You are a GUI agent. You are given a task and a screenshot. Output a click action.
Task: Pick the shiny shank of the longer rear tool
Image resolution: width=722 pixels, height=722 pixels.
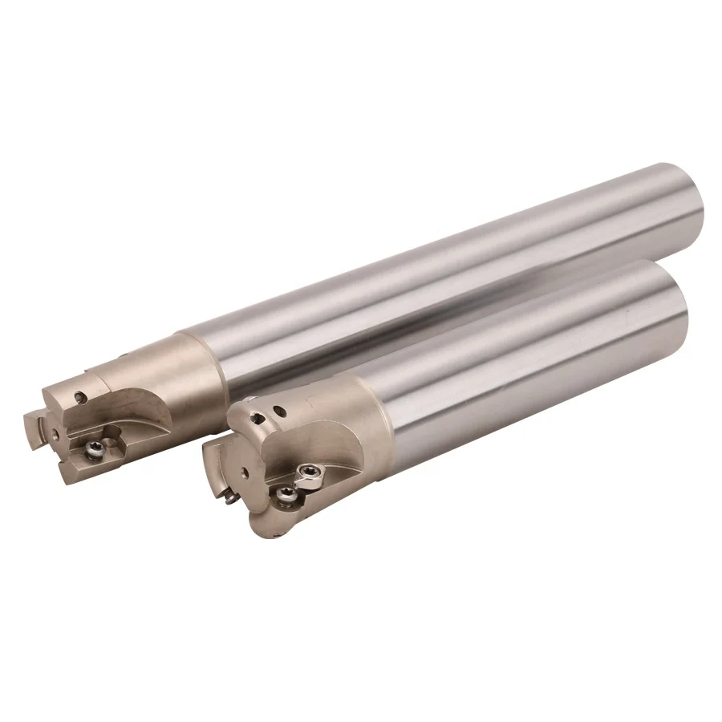(x=441, y=265)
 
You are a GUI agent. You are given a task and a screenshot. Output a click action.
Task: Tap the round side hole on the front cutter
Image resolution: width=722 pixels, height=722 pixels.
(x=282, y=412)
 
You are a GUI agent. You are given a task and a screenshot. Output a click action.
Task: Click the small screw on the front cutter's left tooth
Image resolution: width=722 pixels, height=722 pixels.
(x=230, y=499)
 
